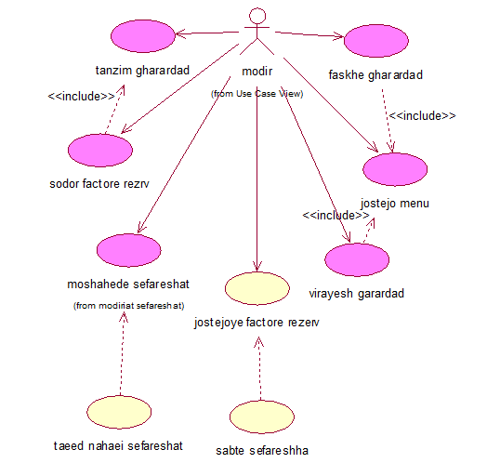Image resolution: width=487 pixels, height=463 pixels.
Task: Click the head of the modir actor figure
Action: [257, 16]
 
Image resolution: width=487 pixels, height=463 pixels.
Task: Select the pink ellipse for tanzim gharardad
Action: [143, 36]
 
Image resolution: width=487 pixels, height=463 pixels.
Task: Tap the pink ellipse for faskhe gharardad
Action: [376, 41]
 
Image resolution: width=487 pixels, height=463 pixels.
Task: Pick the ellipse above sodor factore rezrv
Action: [100, 151]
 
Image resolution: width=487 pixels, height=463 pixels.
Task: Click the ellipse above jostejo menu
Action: [395, 169]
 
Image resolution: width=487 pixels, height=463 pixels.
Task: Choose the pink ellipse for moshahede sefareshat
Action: [129, 250]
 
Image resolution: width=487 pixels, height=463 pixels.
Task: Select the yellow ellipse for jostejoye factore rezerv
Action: [257, 288]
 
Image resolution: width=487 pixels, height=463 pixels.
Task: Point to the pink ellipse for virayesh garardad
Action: [357, 259]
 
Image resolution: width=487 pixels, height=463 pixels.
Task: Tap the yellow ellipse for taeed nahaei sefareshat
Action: [119, 412]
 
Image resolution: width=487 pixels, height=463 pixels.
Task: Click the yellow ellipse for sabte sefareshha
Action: [262, 417]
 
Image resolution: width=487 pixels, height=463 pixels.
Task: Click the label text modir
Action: [257, 72]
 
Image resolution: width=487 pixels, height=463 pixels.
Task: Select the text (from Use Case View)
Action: [257, 94]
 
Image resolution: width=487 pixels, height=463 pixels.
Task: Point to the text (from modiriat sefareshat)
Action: [128, 306]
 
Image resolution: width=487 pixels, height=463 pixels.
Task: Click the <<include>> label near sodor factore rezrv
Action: [82, 97]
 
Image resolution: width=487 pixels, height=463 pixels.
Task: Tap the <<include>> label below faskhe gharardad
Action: [422, 116]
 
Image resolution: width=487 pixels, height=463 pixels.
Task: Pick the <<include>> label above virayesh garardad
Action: [336, 215]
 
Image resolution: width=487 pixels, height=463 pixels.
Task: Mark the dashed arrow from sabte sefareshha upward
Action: [259, 368]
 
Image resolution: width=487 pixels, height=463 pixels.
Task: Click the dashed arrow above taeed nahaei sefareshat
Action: [122, 354]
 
